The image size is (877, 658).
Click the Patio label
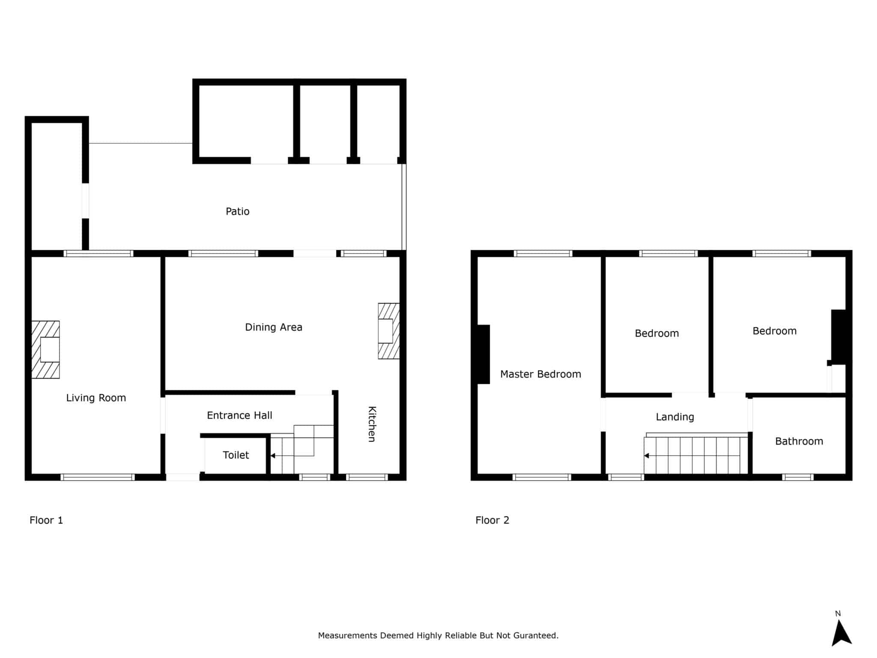(x=237, y=211)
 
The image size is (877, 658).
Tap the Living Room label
(x=96, y=398)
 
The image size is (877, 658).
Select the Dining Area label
(x=274, y=327)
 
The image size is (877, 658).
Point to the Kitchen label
(x=372, y=424)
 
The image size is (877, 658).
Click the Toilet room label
(x=236, y=455)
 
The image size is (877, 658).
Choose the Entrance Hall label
(x=239, y=415)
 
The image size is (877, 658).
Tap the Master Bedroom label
(x=540, y=374)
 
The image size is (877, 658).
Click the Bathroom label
(x=799, y=441)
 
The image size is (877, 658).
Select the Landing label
(x=675, y=417)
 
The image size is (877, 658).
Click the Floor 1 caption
(x=46, y=520)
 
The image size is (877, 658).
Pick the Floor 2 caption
(x=492, y=520)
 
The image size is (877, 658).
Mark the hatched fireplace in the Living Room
(x=45, y=350)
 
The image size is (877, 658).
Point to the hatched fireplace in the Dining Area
(x=389, y=331)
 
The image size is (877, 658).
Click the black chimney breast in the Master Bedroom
(x=483, y=354)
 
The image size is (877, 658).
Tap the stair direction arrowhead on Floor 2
(x=647, y=455)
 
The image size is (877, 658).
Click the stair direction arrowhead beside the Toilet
(x=273, y=456)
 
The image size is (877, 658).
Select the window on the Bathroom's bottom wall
(x=798, y=477)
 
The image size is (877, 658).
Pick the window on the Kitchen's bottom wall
(x=367, y=477)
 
